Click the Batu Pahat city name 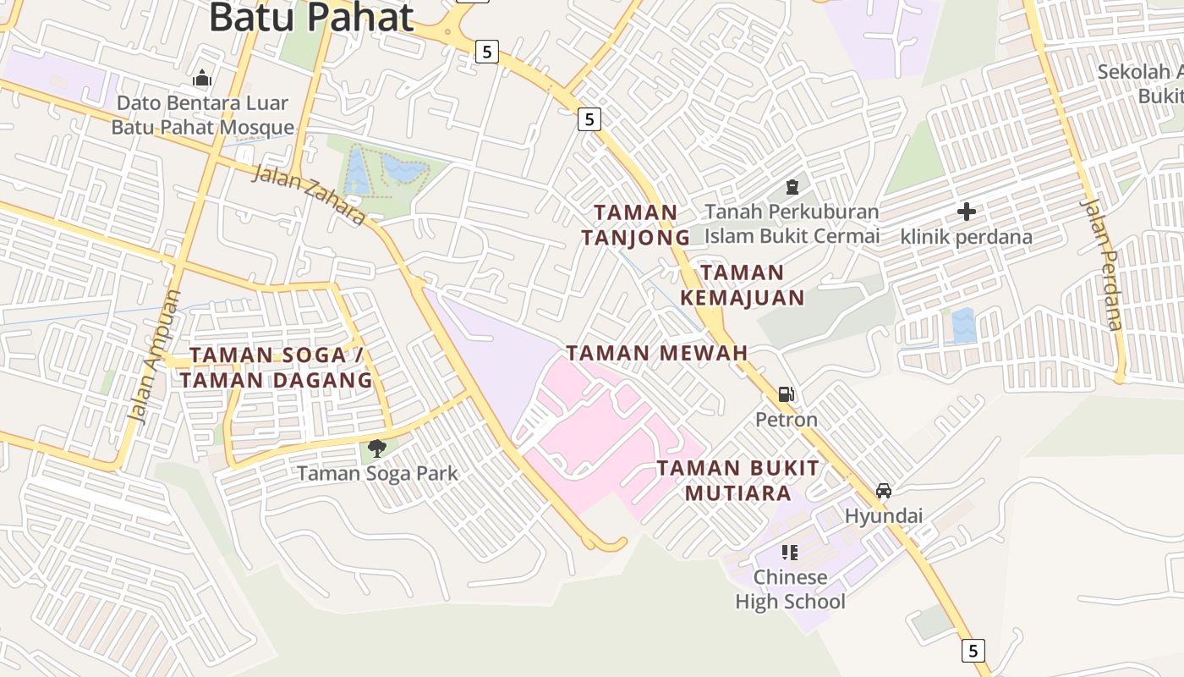click(311, 17)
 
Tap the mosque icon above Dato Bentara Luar click(201, 79)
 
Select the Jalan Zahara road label click(310, 195)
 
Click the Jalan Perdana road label click(1102, 264)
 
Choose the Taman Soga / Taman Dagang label click(277, 367)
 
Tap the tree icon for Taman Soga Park click(377, 449)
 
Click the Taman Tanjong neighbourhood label click(636, 224)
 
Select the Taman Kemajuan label click(743, 285)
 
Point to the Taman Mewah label click(657, 353)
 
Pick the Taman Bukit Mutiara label click(738, 480)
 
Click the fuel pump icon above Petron click(787, 394)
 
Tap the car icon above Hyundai click(884, 491)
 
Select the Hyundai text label click(884, 515)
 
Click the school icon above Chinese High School click(790, 553)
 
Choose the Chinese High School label click(790, 589)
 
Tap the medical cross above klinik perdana click(966, 212)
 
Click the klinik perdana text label click(966, 237)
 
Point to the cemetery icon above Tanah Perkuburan click(792, 186)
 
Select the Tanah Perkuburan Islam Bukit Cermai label click(792, 223)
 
